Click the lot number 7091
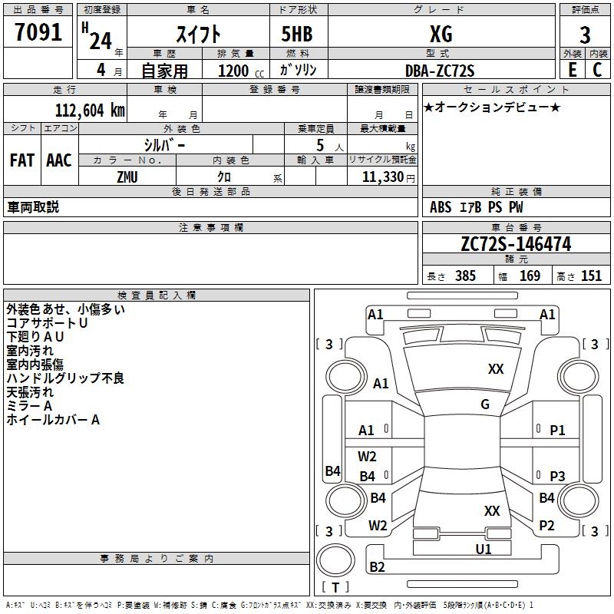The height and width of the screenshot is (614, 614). [38, 33]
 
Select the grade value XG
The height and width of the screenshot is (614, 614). [441, 34]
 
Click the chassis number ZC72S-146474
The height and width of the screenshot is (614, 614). [516, 244]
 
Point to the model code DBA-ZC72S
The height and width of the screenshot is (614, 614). [440, 71]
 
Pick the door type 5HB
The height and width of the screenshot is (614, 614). [291, 34]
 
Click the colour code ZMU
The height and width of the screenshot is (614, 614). [127, 177]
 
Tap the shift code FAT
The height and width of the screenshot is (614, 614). [21, 160]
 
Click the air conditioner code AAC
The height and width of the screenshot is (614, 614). [58, 160]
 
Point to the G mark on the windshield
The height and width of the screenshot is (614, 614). [485, 404]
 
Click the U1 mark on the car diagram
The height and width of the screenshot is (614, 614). [484, 549]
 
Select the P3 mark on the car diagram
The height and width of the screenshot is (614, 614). [557, 476]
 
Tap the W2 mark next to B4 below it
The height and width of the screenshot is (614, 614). [367, 457]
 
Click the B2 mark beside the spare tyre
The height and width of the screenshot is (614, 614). [378, 567]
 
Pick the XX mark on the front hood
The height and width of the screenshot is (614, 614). [496, 369]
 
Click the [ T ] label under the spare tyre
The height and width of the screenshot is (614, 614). [335, 588]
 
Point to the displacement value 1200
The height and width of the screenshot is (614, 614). [233, 71]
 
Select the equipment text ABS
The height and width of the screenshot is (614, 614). [441, 207]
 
